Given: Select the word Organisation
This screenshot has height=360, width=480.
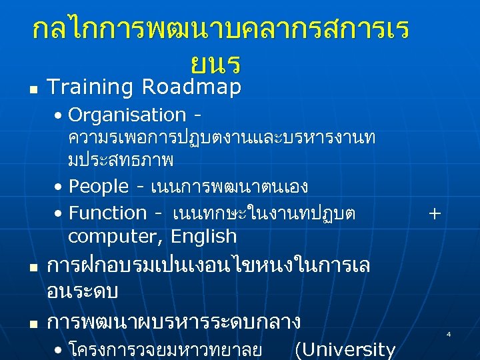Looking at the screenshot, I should (127, 115).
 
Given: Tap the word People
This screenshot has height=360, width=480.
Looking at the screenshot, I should (98, 186).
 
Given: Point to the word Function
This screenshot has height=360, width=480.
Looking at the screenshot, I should (108, 213).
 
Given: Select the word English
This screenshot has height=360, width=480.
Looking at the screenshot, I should (203, 237).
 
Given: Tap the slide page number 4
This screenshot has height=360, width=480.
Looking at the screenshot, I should (449, 333).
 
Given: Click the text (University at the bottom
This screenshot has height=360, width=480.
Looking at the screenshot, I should (345, 349).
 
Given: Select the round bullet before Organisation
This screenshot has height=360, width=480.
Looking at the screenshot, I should (60, 116).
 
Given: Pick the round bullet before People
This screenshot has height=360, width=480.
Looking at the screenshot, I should (60, 187).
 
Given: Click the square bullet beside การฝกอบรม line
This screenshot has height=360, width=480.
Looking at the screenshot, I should (33, 267).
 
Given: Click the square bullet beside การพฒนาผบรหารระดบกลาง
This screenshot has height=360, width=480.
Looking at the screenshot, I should (33, 323).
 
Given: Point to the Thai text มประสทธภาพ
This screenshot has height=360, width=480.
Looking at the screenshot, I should (121, 161).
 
